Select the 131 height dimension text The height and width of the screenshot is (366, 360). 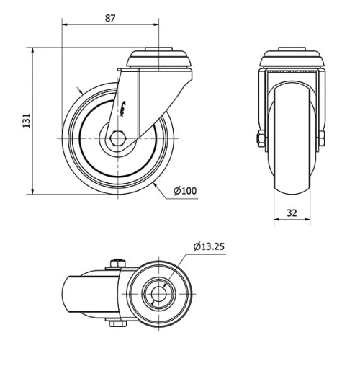[27, 121]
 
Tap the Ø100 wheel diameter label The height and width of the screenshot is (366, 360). [185, 191]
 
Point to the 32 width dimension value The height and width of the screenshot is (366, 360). [292, 213]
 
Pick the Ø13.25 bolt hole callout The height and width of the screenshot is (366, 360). [209, 246]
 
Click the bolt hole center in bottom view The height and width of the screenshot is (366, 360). [157, 294]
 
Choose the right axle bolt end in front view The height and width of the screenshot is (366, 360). [322, 137]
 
